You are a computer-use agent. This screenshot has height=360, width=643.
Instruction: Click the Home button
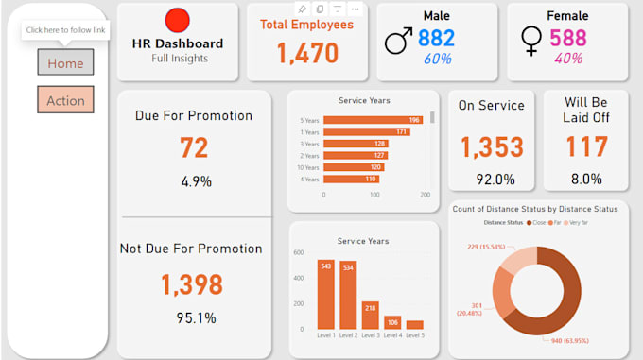[x=65, y=62]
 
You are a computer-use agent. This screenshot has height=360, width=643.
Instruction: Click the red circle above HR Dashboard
[x=177, y=20]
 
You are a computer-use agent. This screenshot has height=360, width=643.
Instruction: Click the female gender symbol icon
[x=531, y=40]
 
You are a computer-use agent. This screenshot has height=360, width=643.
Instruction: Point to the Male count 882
[x=436, y=38]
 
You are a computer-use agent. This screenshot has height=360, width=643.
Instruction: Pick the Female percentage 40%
[x=568, y=59]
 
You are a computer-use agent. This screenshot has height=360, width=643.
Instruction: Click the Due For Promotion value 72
[x=193, y=147]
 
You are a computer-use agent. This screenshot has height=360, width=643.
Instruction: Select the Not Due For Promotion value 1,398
[x=191, y=284]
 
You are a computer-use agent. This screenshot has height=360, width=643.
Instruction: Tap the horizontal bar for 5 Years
[x=372, y=120]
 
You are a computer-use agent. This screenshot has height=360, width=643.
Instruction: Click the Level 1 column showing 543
[x=325, y=294]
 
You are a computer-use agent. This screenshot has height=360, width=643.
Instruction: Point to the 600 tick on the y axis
[x=298, y=253]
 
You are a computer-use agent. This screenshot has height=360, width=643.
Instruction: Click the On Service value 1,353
[x=492, y=147]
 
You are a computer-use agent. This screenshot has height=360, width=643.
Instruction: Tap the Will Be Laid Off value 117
[x=585, y=147]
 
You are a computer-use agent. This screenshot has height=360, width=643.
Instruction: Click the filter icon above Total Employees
[x=337, y=9]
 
